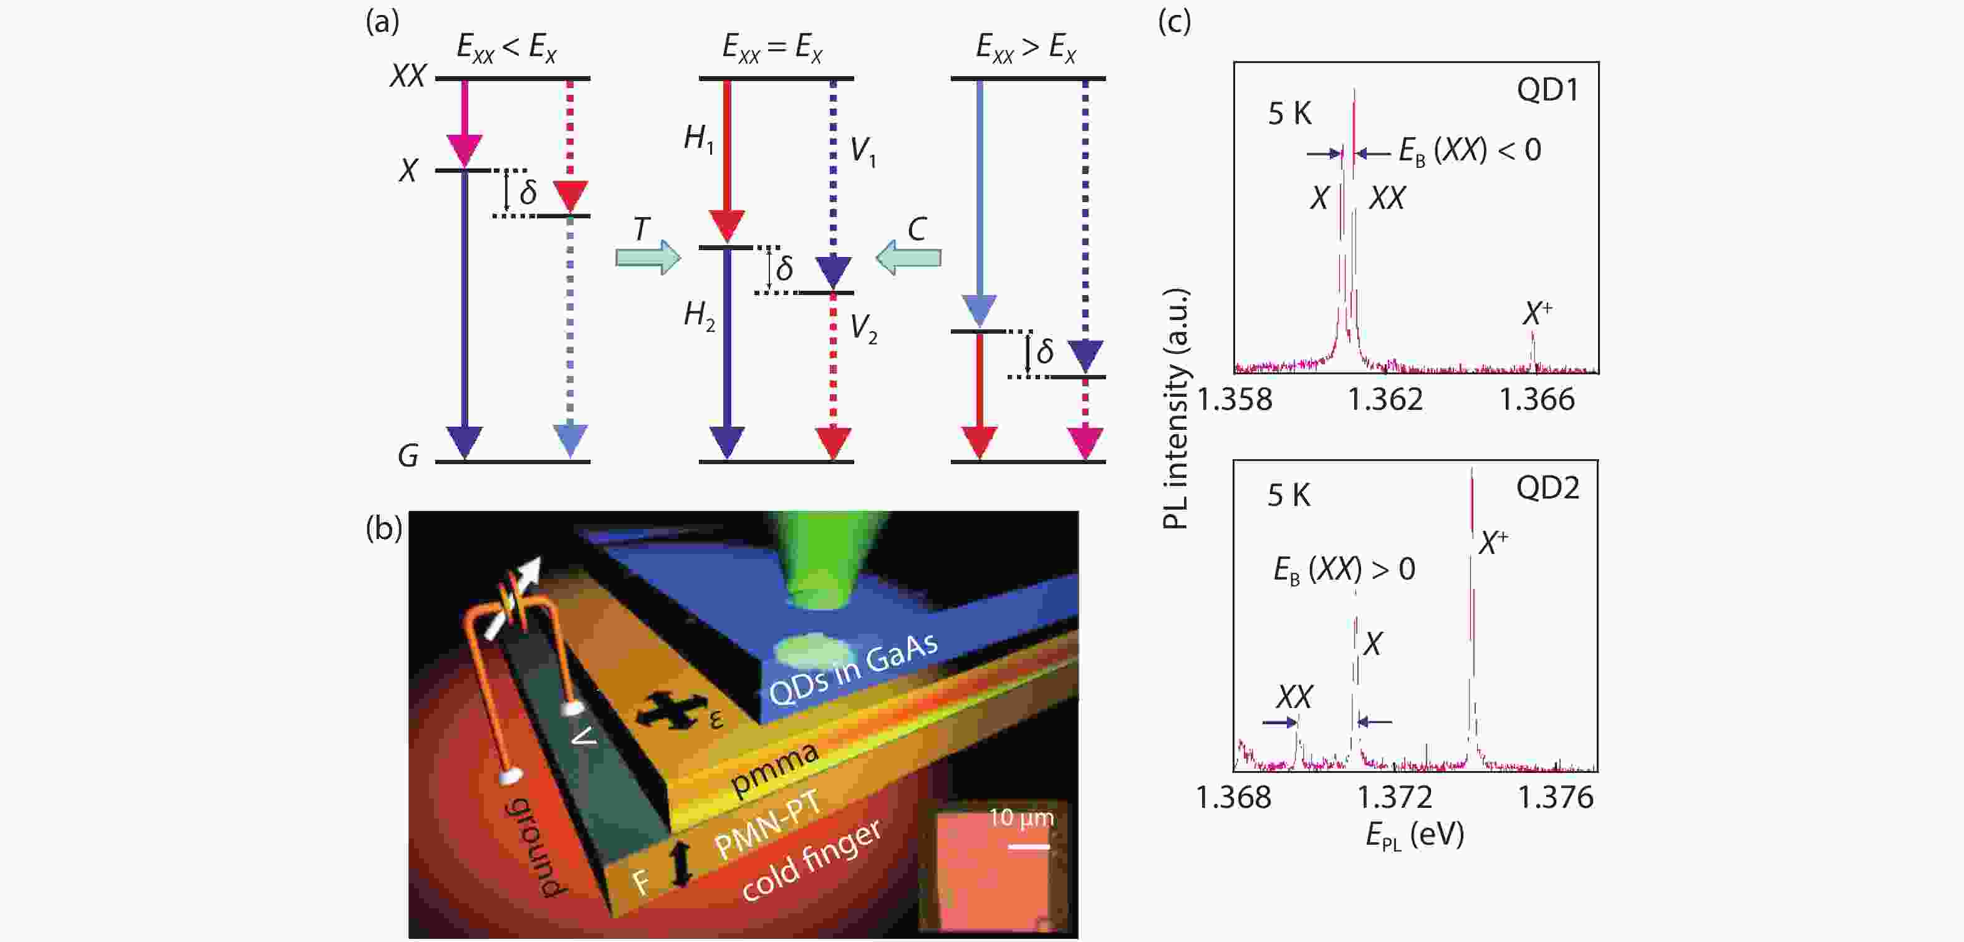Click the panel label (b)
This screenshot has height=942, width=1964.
tap(383, 527)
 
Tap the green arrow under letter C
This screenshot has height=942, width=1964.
tap(908, 257)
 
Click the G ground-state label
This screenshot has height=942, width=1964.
tap(408, 455)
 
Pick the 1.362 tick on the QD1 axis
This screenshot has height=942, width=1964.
tap(1385, 400)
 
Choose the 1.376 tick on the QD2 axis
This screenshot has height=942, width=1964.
tap(1556, 797)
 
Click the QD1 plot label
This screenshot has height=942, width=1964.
tap(1547, 90)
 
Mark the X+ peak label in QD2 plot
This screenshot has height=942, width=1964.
tap(1493, 542)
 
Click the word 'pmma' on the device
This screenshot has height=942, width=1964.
tap(774, 769)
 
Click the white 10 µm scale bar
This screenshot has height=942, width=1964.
tap(1029, 847)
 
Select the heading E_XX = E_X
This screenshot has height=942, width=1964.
tap(773, 49)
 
